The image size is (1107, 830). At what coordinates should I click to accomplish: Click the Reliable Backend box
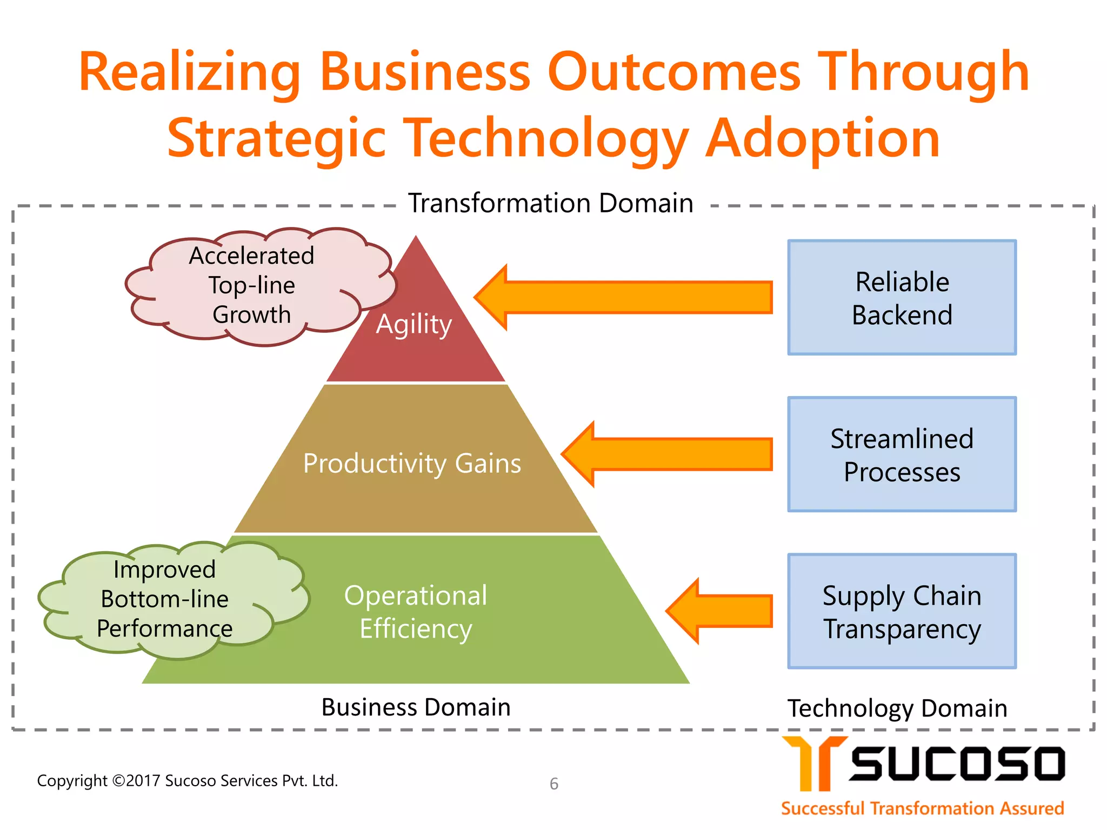click(902, 298)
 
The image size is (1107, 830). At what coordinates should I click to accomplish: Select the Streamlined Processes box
click(902, 454)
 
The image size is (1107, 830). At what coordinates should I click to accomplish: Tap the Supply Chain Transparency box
click(902, 611)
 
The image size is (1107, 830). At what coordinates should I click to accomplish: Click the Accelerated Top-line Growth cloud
click(252, 285)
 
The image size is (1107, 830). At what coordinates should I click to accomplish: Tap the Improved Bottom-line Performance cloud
click(165, 599)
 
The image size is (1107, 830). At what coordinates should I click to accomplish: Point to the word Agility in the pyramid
click(414, 324)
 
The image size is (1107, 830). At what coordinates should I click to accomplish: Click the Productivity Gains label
click(412, 464)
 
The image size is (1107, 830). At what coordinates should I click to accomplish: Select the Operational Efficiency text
click(416, 612)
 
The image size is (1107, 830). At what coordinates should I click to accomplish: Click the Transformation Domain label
click(550, 204)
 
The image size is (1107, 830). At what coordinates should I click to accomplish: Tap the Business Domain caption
click(416, 707)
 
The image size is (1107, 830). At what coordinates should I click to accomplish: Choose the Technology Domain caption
click(897, 708)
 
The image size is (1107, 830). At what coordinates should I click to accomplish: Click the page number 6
click(554, 784)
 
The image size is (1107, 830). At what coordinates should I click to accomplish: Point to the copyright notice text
click(187, 780)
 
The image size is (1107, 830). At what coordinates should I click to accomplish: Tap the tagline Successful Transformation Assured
click(922, 808)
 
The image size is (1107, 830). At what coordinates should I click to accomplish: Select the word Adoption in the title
click(823, 138)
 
